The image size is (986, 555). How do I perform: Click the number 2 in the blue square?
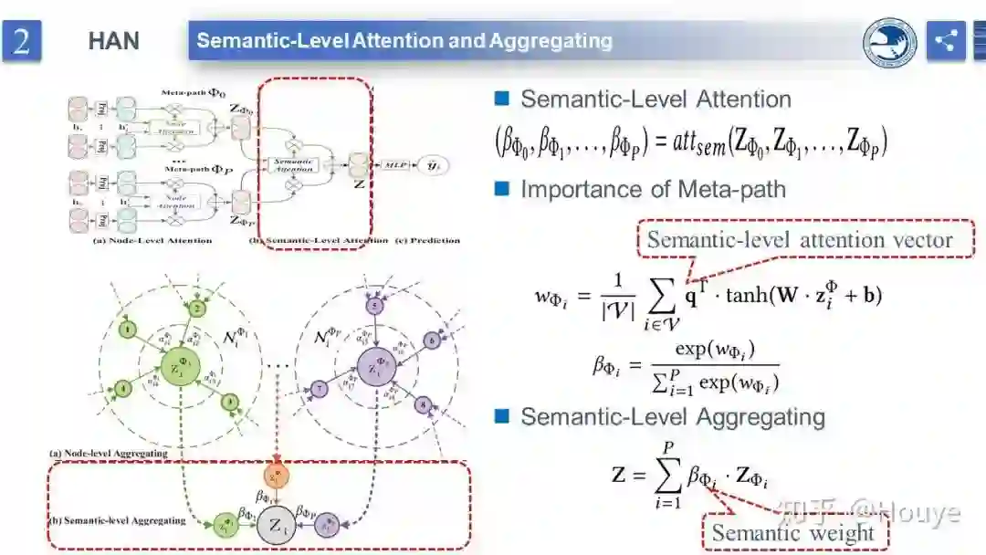[x=22, y=41]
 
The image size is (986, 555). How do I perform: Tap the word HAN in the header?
[x=113, y=41]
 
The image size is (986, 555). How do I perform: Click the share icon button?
[x=946, y=40]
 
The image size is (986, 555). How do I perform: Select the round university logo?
[x=890, y=41]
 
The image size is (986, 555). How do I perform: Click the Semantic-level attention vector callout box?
[x=800, y=240]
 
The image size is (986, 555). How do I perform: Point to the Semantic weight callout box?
[x=792, y=533]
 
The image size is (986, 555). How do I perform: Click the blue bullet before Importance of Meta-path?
[x=500, y=189]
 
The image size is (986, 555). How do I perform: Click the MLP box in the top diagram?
[x=396, y=164]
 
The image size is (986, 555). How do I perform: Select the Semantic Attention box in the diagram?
[x=295, y=164]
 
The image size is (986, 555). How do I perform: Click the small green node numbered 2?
[x=195, y=309]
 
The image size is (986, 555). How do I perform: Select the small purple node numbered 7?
[x=319, y=389]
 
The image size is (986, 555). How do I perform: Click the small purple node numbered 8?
[x=423, y=403]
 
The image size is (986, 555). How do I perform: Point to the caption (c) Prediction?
[x=428, y=241]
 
